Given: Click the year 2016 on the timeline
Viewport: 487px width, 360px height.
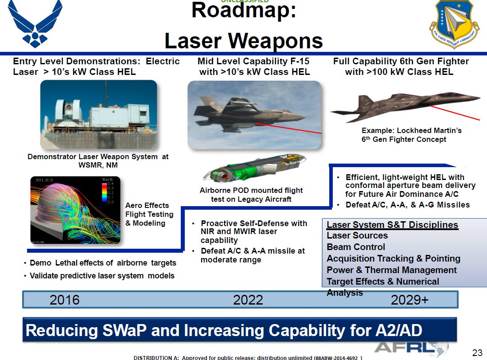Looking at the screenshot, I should (x=65, y=300).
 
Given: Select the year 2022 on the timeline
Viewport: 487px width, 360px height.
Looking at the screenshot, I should (x=248, y=300).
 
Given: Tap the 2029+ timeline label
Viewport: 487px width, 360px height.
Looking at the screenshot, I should (x=409, y=300).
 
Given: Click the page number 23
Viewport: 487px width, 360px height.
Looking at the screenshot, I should (x=477, y=353).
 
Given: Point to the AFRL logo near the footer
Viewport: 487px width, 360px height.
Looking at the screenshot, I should (x=407, y=348).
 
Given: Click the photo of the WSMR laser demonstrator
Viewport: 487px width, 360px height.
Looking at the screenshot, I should (x=98, y=114).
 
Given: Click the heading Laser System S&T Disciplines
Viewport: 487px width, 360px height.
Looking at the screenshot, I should (x=392, y=224).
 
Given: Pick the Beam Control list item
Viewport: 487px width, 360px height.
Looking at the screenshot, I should (x=355, y=247).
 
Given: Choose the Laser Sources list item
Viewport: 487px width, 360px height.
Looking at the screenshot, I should (x=357, y=235).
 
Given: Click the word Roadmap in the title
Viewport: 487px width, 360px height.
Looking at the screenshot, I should (x=244, y=11).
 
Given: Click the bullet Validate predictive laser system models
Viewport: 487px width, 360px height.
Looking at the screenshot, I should (x=102, y=276).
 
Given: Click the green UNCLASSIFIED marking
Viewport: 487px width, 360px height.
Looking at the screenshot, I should (x=245, y=2).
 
